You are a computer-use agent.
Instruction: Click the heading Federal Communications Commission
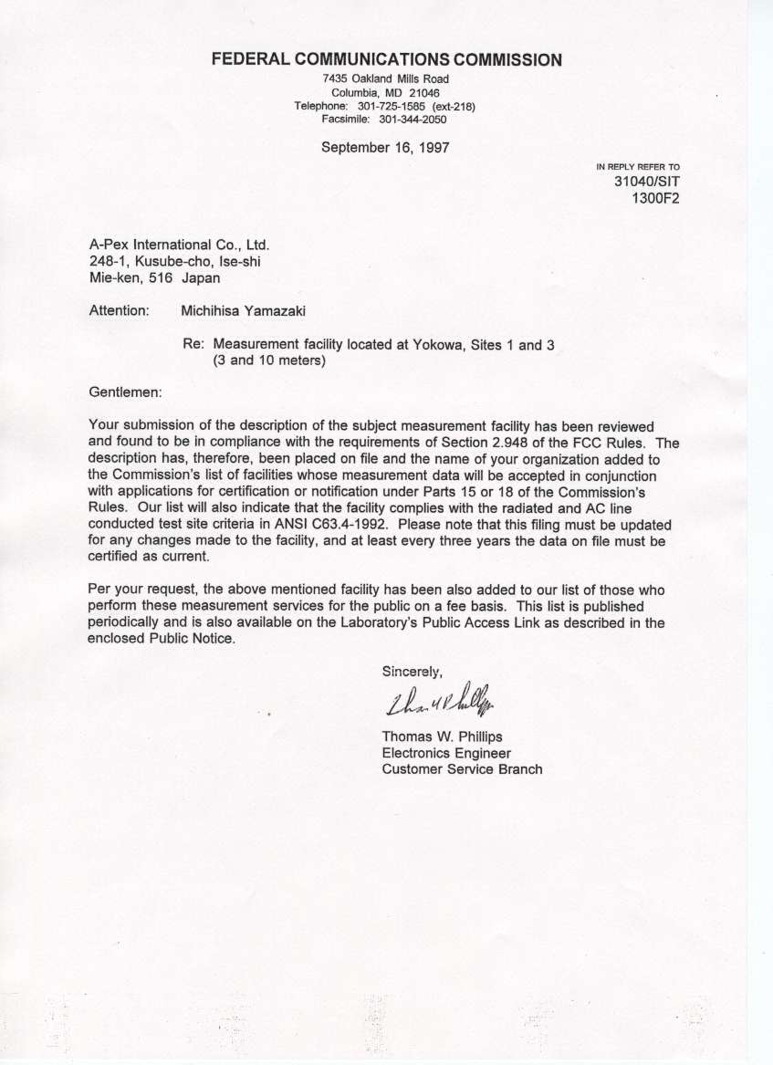click(386, 60)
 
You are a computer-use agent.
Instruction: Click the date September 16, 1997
click(385, 147)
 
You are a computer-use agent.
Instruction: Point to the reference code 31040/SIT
click(647, 182)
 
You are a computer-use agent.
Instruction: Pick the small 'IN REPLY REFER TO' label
click(638, 167)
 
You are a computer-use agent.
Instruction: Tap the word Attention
click(119, 310)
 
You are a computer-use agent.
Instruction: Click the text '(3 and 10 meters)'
click(270, 360)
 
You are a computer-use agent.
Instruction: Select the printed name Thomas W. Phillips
click(442, 736)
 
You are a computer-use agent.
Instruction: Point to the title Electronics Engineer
click(446, 753)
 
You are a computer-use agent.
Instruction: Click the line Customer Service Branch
click(462, 769)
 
